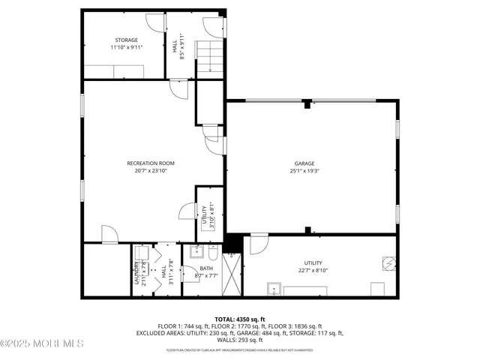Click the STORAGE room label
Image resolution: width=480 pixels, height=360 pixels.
[126, 39]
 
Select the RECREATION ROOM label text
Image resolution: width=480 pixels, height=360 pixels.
[150, 163]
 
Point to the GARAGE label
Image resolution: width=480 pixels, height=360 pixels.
[304, 163]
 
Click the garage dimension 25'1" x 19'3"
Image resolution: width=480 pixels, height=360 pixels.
[304, 171]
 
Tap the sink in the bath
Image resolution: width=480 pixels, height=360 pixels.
[199, 252]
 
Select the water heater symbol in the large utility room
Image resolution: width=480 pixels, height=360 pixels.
[388, 262]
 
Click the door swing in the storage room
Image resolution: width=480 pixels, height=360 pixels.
[154, 22]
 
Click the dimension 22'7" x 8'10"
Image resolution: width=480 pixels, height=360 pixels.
[313, 271]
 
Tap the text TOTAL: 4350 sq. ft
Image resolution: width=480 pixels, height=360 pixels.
[239, 319]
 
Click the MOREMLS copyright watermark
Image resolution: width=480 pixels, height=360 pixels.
[42, 344]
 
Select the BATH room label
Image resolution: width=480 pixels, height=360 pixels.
[205, 268]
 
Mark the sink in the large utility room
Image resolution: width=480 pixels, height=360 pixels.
[274, 289]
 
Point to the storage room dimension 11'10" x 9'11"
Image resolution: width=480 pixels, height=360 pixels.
[126, 46]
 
